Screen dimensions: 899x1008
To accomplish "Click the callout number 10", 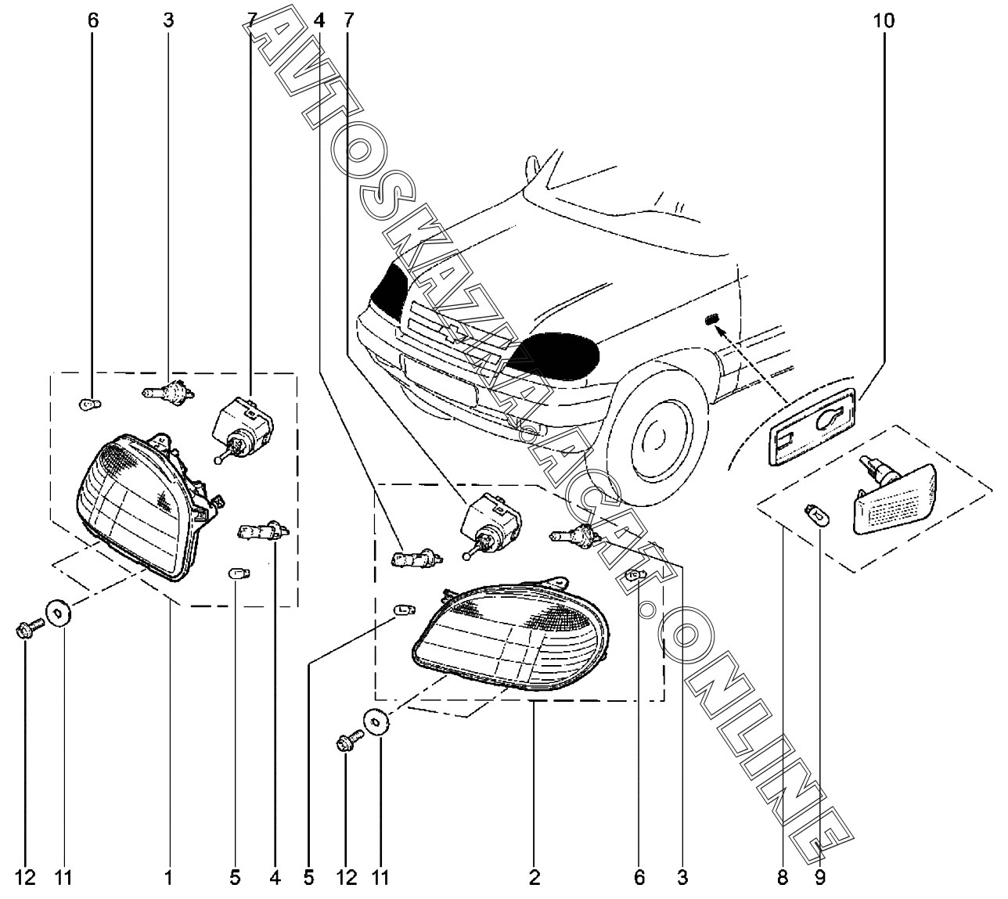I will pos(883,21).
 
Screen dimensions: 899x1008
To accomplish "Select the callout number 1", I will pos(167,878).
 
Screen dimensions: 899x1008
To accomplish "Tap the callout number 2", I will pos(535,878).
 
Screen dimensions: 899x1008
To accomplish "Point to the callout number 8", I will pos(782,878).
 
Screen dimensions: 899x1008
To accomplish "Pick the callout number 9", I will pos(819,878).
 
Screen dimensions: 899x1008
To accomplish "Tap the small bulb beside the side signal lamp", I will pos(816,514).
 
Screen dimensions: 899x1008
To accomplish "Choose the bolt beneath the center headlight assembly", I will pos(349,741).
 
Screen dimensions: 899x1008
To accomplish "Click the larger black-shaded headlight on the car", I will pos(557,356).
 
